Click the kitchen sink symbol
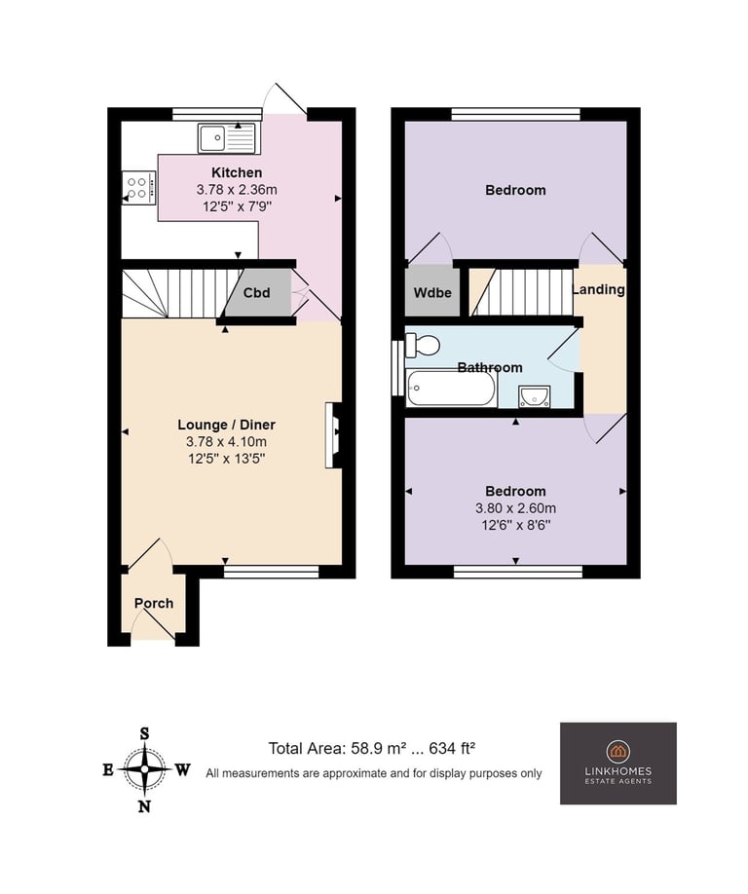(228, 137)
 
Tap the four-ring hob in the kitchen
(139, 187)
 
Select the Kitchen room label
(237, 172)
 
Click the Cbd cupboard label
(256, 292)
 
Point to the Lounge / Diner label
(226, 425)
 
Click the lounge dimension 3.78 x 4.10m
(226, 441)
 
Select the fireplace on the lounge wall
(333, 435)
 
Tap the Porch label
(154, 603)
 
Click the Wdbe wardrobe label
(432, 292)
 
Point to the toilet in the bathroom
(423, 346)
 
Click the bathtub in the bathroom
(451, 389)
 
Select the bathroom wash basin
(535, 396)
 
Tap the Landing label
(598, 289)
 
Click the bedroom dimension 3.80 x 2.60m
(516, 508)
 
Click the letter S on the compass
(145, 733)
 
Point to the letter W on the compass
(182, 770)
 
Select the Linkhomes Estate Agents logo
(618, 764)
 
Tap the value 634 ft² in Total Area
(452, 748)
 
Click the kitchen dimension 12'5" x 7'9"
(238, 205)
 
